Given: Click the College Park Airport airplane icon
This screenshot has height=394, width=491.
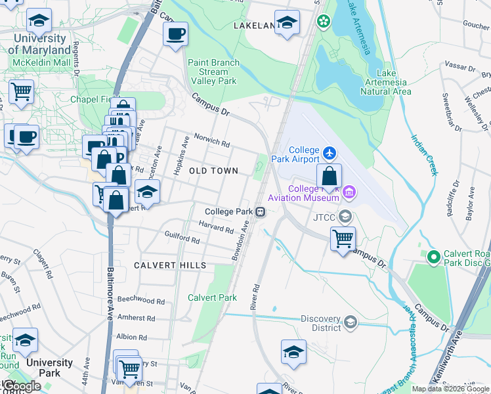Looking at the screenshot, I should tap(329, 153).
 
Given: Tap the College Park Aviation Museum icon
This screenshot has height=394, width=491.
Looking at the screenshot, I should tap(349, 192).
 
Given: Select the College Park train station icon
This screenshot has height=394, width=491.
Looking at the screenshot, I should tap(261, 211).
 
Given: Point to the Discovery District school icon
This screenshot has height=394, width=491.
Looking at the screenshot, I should tap(351, 321).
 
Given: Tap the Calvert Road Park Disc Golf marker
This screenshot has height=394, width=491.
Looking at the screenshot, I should tap(433, 257).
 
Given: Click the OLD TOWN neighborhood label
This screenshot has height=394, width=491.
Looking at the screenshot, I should tap(213, 171).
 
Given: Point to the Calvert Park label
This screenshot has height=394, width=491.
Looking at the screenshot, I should tap(212, 297).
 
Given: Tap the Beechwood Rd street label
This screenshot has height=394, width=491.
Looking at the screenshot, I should tap(141, 300).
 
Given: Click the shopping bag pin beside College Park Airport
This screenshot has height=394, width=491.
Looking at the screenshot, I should tap(329, 175).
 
